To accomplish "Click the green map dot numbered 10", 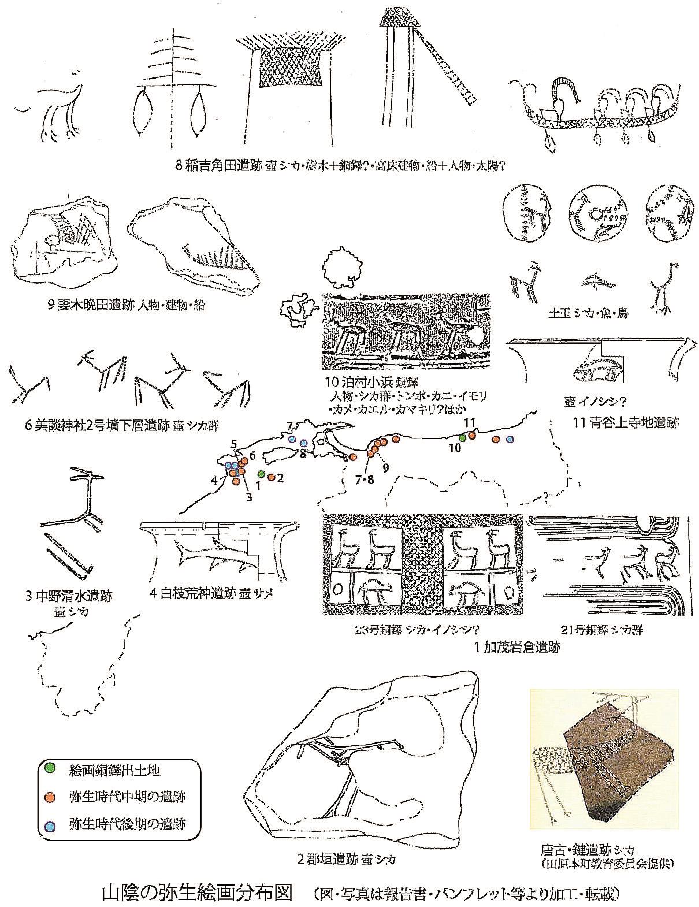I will [x=462, y=438].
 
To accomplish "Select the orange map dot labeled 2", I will [x=270, y=477].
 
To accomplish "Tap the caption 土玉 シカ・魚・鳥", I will [x=589, y=314].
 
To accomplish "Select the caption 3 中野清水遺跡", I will [x=68, y=596].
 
